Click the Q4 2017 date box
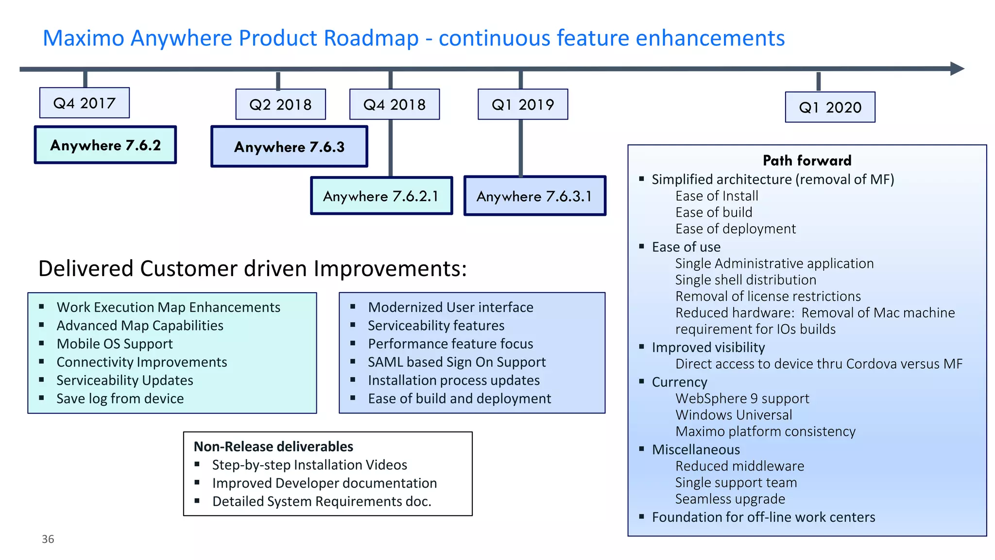tap(84, 103)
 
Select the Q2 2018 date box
tap(280, 105)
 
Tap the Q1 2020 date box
tap(830, 107)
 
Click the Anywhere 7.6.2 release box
tap(105, 145)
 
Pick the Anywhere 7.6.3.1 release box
tap(534, 196)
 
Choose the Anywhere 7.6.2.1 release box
tap(381, 196)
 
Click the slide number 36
tap(48, 539)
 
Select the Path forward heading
tap(807, 160)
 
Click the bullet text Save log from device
tap(120, 399)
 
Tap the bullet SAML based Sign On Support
tap(457, 362)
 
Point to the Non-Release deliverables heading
tap(274, 446)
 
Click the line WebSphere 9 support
tap(742, 399)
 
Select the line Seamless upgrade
tap(730, 499)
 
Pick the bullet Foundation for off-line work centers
tap(763, 517)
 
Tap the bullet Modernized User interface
tap(450, 307)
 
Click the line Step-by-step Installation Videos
tap(309, 465)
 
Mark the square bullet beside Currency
tap(641, 382)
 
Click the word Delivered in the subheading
tap(86, 269)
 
